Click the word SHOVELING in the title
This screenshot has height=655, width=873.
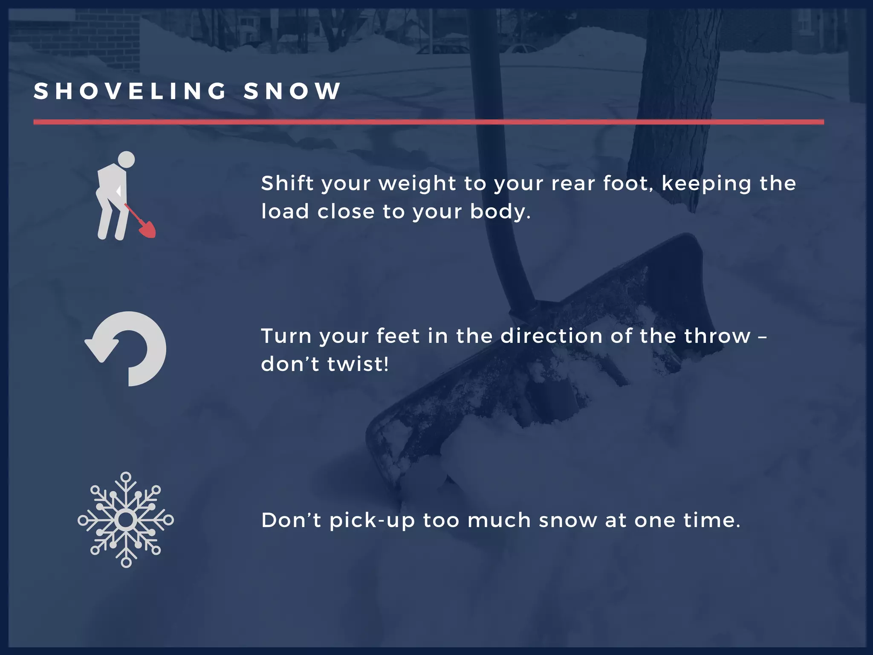tap(130, 91)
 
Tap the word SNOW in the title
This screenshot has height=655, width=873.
tap(292, 91)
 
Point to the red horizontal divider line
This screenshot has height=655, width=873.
tap(428, 122)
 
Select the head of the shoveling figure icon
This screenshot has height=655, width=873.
tap(126, 159)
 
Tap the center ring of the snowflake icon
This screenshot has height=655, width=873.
tap(126, 520)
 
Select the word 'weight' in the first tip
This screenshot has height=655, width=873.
tap(417, 184)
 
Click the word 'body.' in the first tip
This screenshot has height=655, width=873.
tap(500, 212)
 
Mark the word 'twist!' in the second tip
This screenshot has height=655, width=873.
tap(358, 364)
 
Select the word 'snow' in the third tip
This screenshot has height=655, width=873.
tap(568, 521)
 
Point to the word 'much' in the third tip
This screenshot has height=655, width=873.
tap(499, 520)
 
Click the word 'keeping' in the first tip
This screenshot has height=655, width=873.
tap(706, 184)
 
